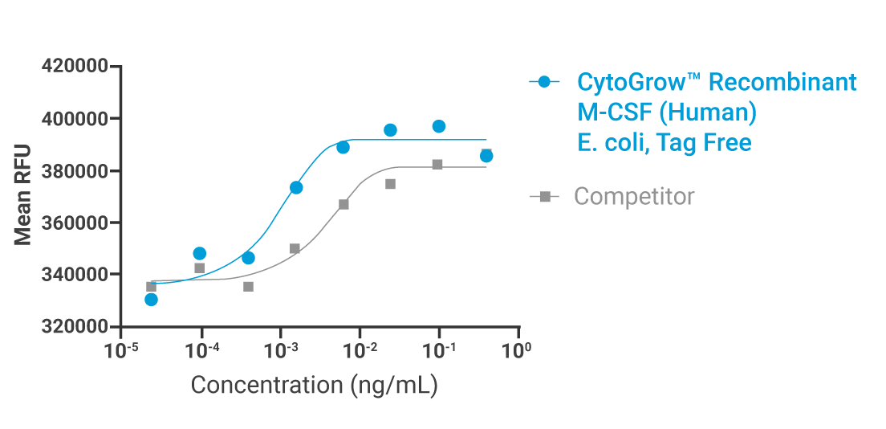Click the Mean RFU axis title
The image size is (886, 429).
[23, 194]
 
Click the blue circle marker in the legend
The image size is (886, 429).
[544, 82]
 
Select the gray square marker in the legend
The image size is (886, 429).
[544, 196]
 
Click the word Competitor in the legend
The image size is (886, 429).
[634, 196]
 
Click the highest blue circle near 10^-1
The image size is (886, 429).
[439, 126]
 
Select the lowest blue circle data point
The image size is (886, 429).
[151, 300]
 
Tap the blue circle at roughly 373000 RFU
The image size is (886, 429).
[296, 187]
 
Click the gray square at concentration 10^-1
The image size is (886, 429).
[437, 165]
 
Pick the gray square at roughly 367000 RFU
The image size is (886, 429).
[343, 205]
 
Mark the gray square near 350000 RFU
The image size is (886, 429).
[295, 249]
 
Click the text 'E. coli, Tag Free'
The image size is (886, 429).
[664, 143]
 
